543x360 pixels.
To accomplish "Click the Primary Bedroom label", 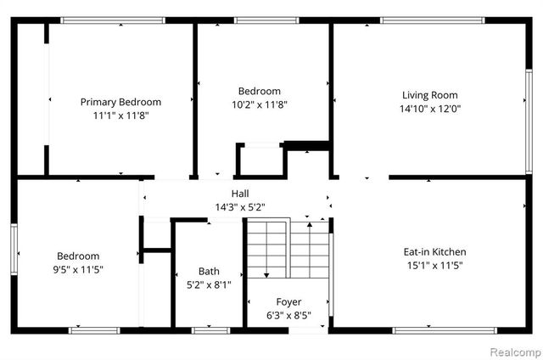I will click(x=120, y=102).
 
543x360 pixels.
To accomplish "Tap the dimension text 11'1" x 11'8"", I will click(x=120, y=115).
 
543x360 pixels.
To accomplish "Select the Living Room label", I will click(x=429, y=95).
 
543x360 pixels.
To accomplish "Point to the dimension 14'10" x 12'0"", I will click(x=429, y=109).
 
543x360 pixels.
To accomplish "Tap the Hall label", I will click(x=240, y=194).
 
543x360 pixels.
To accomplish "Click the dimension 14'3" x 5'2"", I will click(x=240, y=207).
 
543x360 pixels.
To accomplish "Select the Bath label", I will click(x=209, y=272).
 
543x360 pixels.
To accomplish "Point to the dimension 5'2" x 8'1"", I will click(x=209, y=285).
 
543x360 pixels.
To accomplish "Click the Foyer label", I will click(x=288, y=301).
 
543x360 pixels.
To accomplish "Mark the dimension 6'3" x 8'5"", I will click(x=288, y=315).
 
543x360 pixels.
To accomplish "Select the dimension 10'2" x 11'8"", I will click(x=259, y=105).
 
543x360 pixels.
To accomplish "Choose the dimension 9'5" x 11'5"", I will click(x=78, y=269).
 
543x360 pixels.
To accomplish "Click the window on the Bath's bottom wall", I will click(x=205, y=329).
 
